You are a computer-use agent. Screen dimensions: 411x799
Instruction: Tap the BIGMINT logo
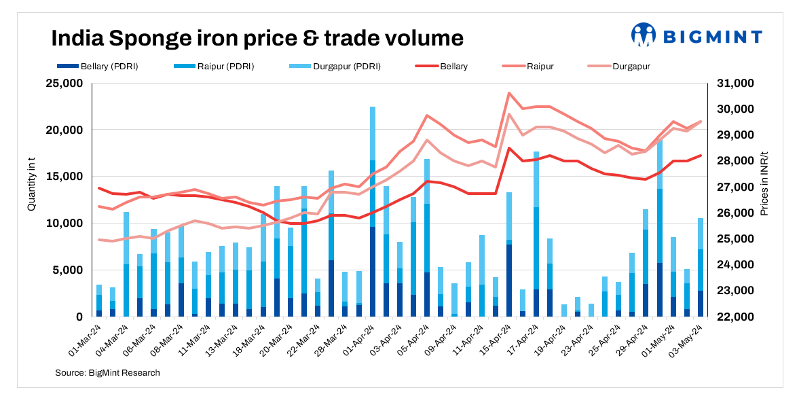[696, 35]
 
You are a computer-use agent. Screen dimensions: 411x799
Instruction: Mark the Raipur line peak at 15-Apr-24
[509, 93]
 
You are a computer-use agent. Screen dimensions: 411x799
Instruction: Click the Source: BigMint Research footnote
[107, 373]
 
